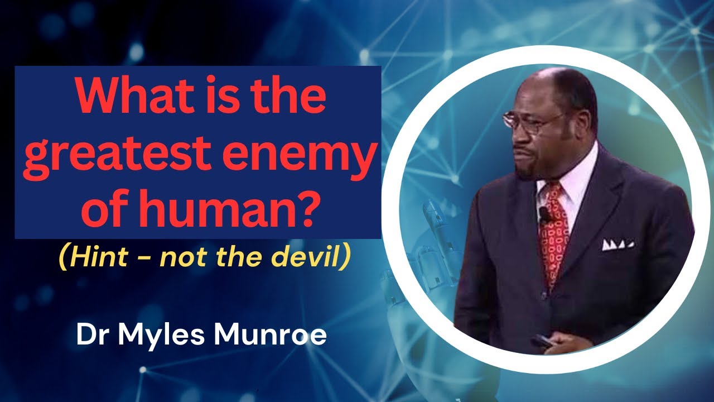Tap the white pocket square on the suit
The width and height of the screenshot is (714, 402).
[617, 245]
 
